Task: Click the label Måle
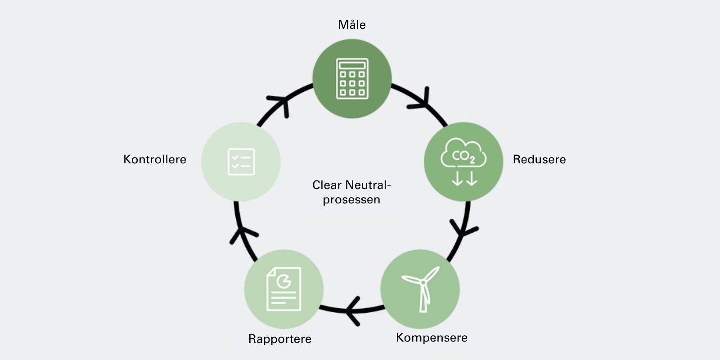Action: [352, 25]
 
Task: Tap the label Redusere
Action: [539, 159]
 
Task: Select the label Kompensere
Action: [432, 337]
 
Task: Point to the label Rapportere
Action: [280, 339]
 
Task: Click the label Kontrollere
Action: [155, 159]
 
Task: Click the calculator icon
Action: [352, 79]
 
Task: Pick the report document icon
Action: [284, 289]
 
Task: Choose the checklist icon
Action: [241, 162]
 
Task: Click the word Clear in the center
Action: [327, 185]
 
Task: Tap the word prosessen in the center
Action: [351, 199]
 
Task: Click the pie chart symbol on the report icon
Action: [283, 281]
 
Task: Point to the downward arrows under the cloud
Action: [464, 178]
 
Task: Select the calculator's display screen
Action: [352, 65]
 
